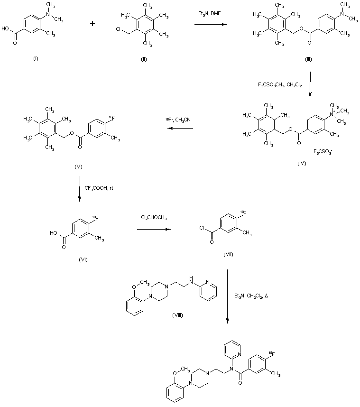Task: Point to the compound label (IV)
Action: pyautogui.click(x=301, y=163)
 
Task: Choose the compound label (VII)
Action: pyautogui.click(x=229, y=255)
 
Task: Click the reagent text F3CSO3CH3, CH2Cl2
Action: pyautogui.click(x=279, y=85)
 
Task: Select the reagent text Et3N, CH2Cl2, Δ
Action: pyautogui.click(x=251, y=296)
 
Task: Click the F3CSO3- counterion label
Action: pyautogui.click(x=323, y=152)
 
